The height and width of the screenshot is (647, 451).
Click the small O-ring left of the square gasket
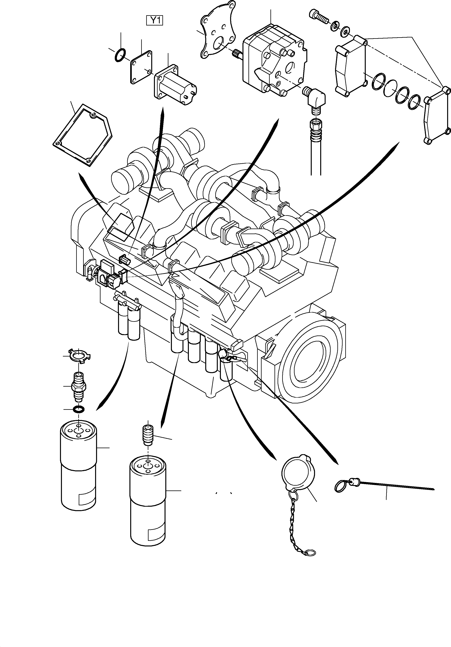(x=119, y=55)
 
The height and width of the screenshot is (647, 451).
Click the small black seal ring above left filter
(x=78, y=409)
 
